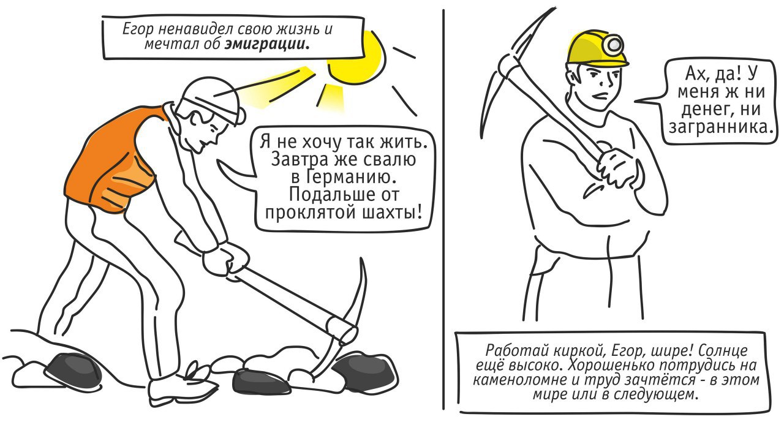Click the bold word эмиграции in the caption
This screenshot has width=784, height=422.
[266, 45]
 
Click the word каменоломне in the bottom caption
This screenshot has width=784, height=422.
[521, 380]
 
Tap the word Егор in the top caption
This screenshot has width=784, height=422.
[138, 29]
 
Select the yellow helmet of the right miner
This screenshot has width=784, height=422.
[597, 48]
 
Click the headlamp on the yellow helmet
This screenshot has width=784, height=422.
[615, 45]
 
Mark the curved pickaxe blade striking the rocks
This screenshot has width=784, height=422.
[347, 322]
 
